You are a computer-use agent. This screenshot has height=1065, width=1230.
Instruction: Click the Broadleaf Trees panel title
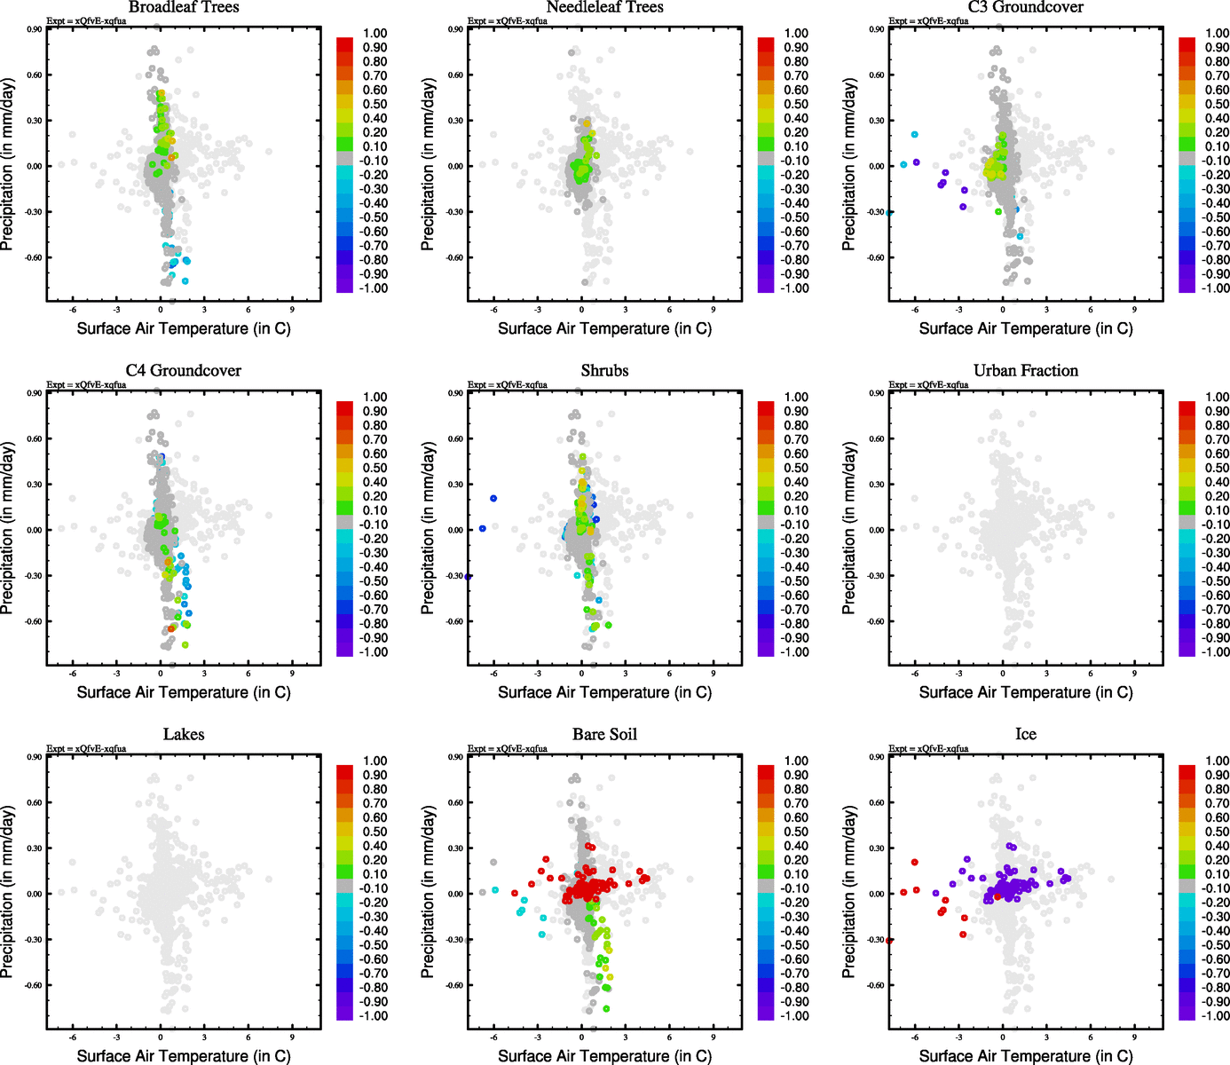pos(184,8)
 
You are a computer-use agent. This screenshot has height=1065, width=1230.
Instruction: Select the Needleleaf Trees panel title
pos(604,8)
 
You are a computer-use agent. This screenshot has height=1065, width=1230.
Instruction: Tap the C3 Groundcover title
pos(1025,8)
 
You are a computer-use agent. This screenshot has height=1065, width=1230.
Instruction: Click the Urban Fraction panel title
pos(1025,371)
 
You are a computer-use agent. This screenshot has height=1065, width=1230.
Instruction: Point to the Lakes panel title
pos(184,735)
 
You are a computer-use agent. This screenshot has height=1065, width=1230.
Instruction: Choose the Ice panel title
pos(1025,735)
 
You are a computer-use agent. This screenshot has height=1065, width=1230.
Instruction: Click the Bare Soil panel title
pos(604,735)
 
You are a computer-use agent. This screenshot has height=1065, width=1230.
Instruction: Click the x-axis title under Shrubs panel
pos(604,692)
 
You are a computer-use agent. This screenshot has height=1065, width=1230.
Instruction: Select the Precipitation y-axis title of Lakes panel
pos(8,892)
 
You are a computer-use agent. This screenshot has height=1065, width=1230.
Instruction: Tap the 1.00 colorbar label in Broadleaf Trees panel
pos(375,33)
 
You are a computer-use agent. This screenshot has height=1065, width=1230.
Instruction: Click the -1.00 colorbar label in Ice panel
pos(1215,1016)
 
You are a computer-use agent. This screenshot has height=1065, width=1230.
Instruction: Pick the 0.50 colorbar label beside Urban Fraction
pos(1217,468)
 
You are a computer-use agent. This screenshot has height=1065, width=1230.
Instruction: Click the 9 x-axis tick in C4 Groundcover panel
pos(292,674)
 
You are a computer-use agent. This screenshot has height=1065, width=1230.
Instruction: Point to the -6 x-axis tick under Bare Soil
pos(493,1037)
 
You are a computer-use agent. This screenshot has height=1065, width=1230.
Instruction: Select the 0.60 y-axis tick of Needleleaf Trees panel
pos(455,75)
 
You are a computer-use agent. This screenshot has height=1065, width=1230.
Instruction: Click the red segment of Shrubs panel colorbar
pos(766,409)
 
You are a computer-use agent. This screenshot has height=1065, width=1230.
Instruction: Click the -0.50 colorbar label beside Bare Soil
pos(795,945)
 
